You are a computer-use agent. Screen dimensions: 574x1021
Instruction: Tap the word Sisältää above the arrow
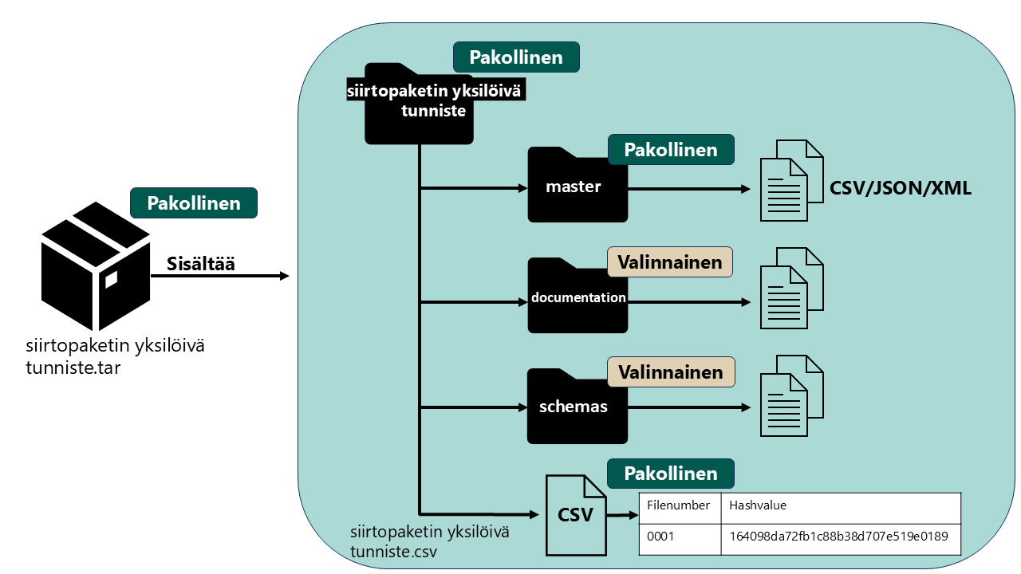point(200,264)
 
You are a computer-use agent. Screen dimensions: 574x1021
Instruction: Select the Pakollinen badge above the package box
point(194,203)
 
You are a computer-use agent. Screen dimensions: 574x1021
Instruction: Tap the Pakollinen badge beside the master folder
point(671,150)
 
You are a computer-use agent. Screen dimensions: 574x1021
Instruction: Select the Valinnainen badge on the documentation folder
point(670,261)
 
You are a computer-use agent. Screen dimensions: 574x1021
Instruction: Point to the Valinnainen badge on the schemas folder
point(670,372)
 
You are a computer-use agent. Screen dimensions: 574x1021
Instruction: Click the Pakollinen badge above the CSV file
point(671,473)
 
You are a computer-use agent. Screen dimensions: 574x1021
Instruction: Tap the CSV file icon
point(575,515)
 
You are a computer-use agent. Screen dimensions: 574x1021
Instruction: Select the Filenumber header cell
point(680,506)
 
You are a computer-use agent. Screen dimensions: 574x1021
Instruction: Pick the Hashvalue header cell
point(841,506)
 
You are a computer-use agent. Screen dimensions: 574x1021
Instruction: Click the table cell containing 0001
point(680,537)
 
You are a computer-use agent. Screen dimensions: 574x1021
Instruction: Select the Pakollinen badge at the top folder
point(516,58)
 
